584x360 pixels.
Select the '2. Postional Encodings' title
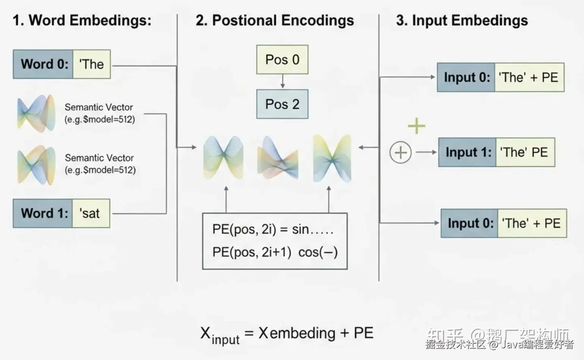275,20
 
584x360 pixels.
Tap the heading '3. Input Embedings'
462,20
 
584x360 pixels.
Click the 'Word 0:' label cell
43,64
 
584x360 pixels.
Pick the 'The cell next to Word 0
92,64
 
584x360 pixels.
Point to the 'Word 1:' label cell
43,213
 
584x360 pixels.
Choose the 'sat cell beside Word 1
90,213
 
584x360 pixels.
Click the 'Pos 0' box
282,60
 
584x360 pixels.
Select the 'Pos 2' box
282,104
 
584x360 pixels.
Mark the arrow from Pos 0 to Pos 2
283,81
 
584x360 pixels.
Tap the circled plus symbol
400,152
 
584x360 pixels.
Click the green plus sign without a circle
417,126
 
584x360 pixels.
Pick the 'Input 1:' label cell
468,152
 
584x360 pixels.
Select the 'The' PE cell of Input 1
524,152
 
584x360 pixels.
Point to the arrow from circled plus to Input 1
426,152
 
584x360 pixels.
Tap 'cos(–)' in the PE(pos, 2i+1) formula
318,252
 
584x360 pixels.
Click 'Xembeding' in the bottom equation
297,333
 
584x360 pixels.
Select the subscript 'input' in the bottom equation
225,339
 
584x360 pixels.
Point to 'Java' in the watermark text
512,345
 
